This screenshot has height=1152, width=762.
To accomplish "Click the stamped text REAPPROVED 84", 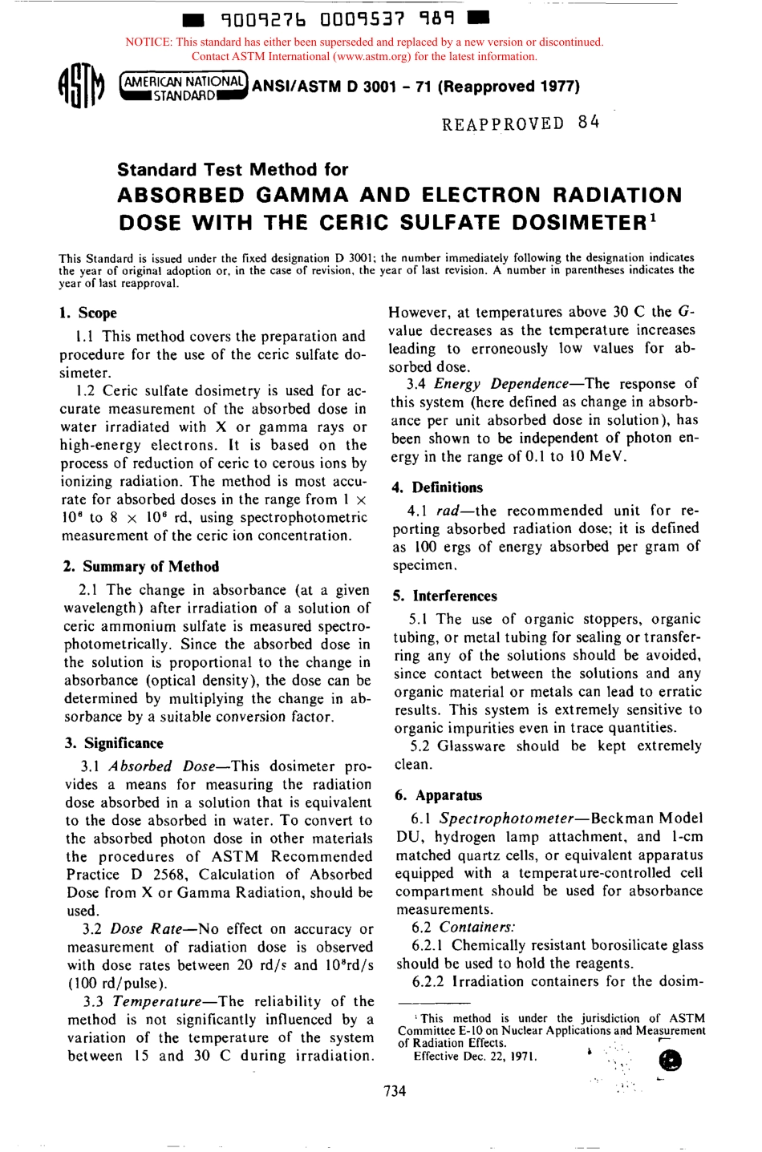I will point(520,123).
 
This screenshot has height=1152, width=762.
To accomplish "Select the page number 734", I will point(395,1090).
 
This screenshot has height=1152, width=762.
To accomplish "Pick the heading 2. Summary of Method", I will point(141,566).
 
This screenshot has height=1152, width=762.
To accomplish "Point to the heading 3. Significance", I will point(114,743).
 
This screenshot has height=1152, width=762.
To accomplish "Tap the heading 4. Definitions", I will point(437,487).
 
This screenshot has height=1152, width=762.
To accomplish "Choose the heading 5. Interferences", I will point(445,596).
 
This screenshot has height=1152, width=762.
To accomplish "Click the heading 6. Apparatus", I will point(439,795).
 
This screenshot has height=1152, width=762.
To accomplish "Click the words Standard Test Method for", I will point(233,169).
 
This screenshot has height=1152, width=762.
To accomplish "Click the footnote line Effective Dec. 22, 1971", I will point(475,1056).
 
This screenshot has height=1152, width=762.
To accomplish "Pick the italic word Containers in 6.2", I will point(476,928).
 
